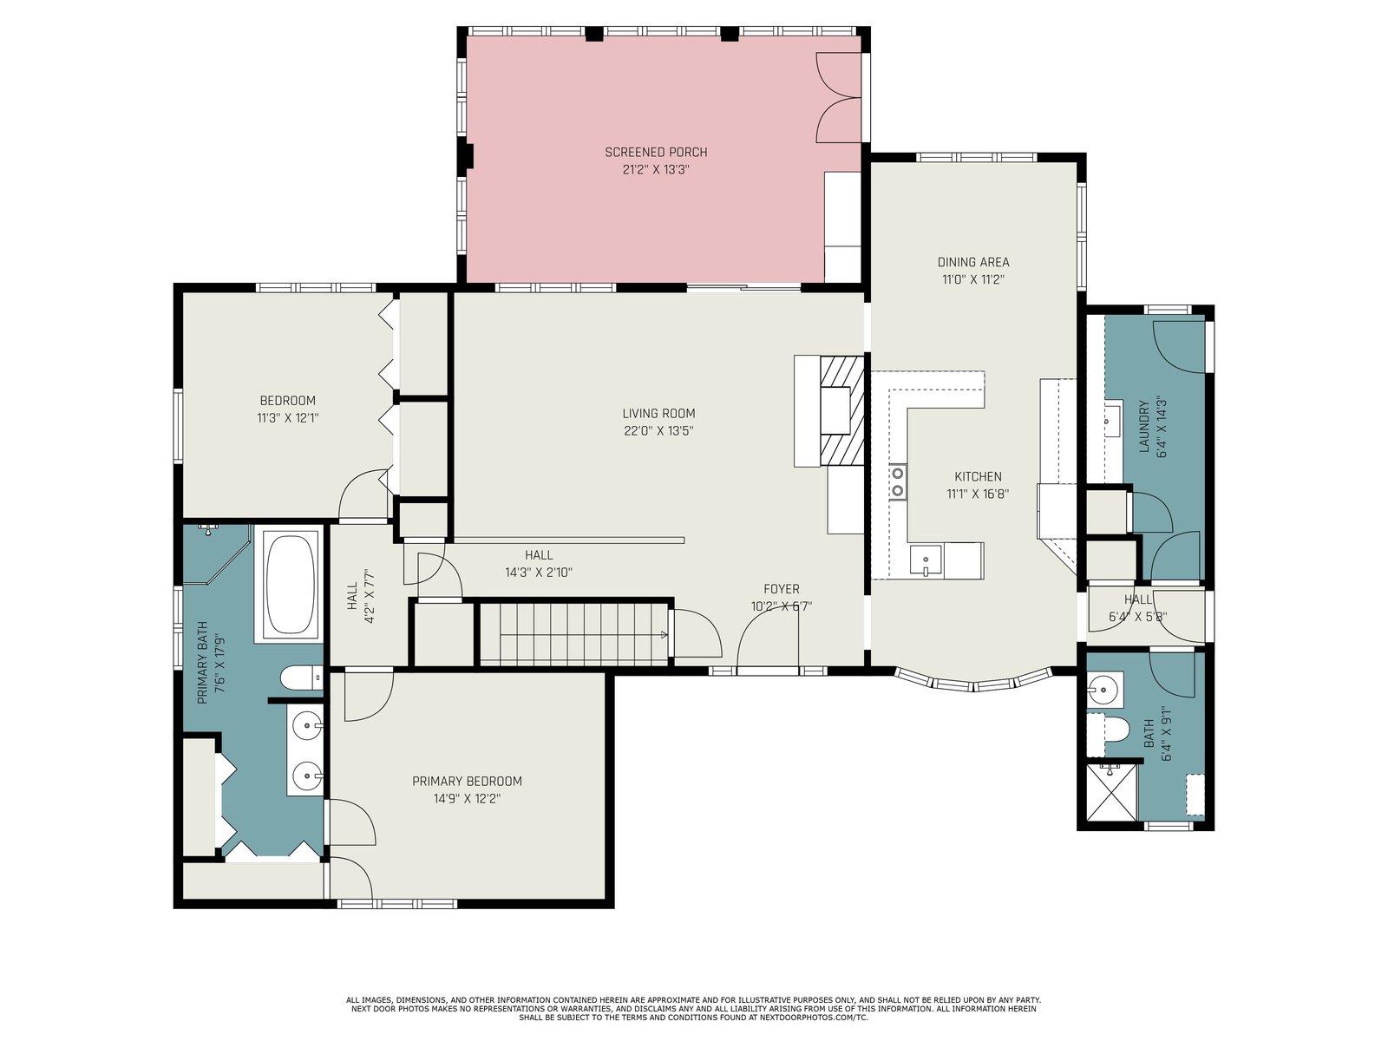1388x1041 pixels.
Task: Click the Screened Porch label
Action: click(x=656, y=153)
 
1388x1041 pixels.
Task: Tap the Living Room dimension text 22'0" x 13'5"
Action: click(x=658, y=431)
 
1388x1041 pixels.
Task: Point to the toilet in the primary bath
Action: click(x=301, y=678)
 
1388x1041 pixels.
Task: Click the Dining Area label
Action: click(x=973, y=262)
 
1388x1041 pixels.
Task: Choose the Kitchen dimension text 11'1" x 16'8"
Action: click(x=977, y=494)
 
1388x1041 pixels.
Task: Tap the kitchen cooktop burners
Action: click(x=897, y=481)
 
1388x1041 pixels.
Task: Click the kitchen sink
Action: click(x=926, y=560)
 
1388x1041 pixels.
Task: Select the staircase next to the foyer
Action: click(x=573, y=634)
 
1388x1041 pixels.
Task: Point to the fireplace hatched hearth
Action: click(x=841, y=411)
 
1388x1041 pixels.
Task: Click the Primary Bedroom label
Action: click(x=467, y=782)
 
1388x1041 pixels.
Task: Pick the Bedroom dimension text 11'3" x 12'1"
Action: click(x=288, y=418)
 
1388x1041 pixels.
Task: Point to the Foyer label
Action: click(x=781, y=589)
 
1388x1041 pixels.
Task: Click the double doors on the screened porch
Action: click(x=839, y=97)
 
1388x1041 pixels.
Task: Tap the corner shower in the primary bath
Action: click(x=215, y=553)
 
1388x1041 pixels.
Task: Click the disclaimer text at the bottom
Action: click(x=693, y=1009)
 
